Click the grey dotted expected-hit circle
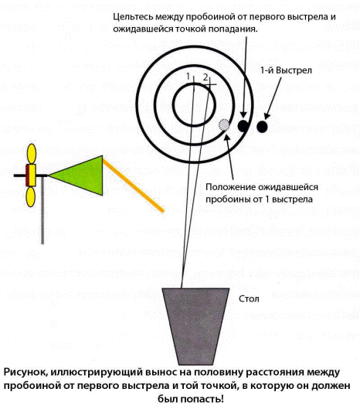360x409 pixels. coord(224,125)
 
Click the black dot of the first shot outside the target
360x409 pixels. coord(262,127)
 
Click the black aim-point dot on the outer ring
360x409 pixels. coord(243,126)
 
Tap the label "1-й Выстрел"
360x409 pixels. coord(286,70)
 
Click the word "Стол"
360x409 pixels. coord(249,298)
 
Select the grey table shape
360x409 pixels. coord(195,326)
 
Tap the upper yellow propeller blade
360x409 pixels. coord(32,154)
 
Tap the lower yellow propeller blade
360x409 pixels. coord(31,196)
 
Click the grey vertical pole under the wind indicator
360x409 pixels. coord(42,210)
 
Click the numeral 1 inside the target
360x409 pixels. coord(188,77)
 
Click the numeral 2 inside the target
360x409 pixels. coord(205,77)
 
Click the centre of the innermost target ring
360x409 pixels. coord(194,104)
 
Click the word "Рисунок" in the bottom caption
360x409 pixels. coord(25,372)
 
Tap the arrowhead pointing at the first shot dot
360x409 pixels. coord(267,117)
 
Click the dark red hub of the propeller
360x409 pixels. coord(27,176)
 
